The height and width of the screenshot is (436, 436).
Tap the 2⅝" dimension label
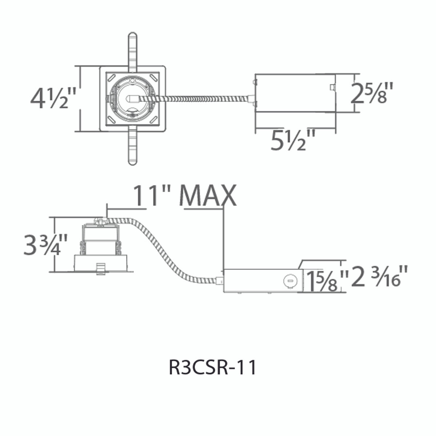click(371, 93)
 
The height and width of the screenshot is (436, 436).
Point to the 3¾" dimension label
click(45, 244)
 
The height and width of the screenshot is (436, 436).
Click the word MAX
click(208, 196)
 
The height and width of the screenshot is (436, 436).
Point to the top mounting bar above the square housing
click(132, 49)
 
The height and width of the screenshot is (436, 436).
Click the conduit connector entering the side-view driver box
click(219, 281)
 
